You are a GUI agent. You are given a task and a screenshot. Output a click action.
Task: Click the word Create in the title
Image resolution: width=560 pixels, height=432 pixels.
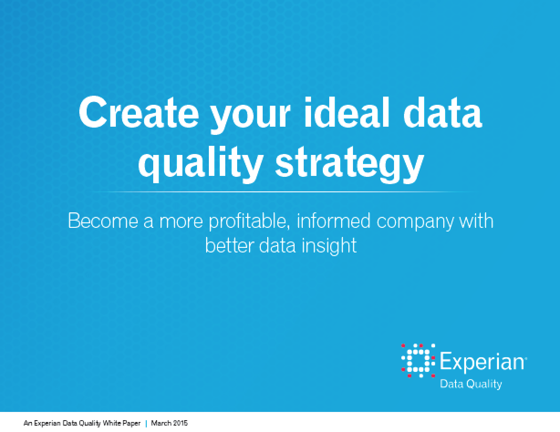pyautogui.click(x=139, y=112)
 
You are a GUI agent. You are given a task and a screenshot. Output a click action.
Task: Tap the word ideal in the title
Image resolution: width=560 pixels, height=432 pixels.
pyautogui.click(x=347, y=112)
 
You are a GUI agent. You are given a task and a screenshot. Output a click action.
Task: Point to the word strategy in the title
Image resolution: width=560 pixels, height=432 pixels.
pyautogui.click(x=350, y=165)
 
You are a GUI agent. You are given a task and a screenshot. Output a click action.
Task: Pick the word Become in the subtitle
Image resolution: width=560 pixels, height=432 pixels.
pyautogui.click(x=103, y=221)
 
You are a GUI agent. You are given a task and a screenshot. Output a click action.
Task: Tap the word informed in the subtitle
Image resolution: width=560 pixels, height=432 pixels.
pyautogui.click(x=333, y=221)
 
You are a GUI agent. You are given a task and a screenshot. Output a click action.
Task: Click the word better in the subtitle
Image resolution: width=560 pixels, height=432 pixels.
pyautogui.click(x=230, y=245)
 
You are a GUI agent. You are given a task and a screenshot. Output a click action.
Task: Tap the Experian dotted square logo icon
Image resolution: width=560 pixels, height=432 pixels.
pyautogui.click(x=418, y=361)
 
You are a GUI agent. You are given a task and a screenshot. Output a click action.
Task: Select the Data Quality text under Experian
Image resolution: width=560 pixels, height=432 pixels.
pyautogui.click(x=471, y=384)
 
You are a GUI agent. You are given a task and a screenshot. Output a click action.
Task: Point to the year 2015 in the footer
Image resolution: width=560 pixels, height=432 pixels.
pyautogui.click(x=181, y=423)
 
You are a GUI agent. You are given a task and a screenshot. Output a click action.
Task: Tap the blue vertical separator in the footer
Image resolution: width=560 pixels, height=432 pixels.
pyautogui.click(x=146, y=423)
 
